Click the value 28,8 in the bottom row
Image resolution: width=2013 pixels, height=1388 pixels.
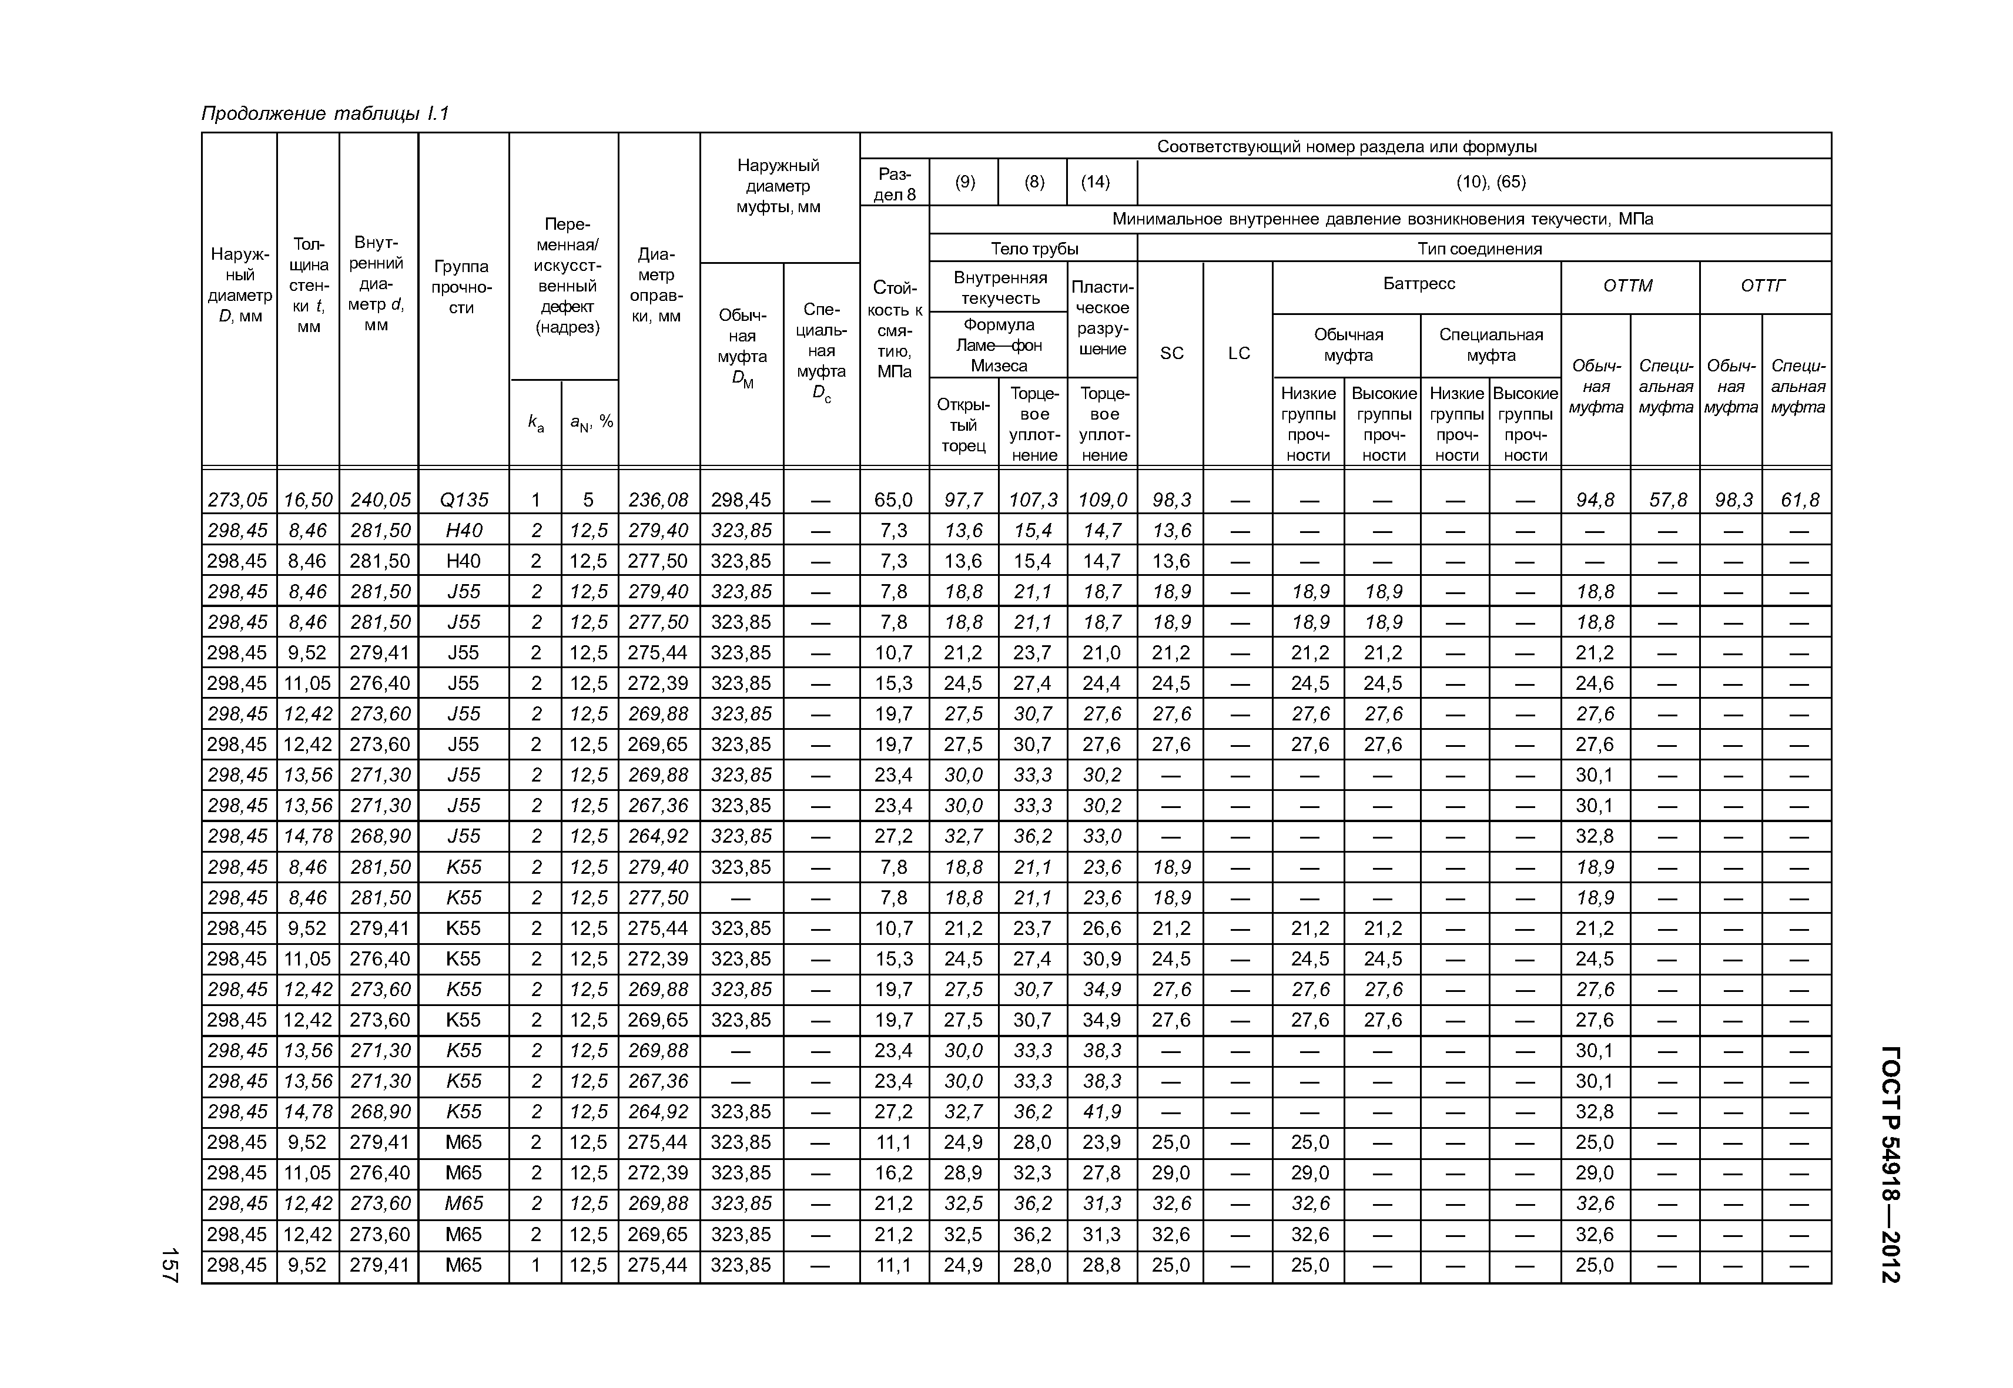click(x=1102, y=1265)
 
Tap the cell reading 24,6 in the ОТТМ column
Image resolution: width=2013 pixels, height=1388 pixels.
click(x=1595, y=683)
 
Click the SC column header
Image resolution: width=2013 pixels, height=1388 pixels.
click(x=1171, y=353)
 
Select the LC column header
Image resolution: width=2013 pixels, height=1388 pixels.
click(x=1239, y=353)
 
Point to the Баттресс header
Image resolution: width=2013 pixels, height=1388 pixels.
click(x=1418, y=283)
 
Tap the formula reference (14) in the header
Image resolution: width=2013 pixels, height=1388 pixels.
click(x=1095, y=182)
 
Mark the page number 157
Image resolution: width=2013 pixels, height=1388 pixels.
click(x=169, y=1265)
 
